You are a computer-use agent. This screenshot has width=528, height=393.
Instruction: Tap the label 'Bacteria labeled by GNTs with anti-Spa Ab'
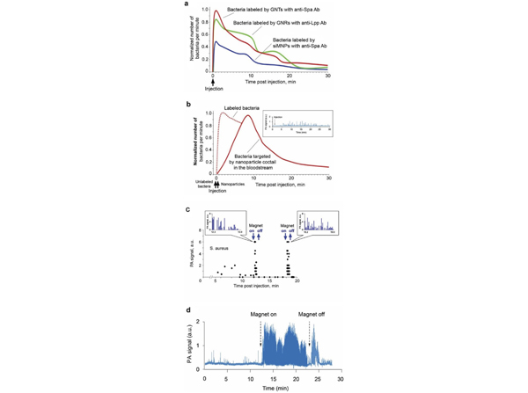coord(268,11)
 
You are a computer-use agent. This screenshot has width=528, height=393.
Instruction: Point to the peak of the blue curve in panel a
coord(216,41)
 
